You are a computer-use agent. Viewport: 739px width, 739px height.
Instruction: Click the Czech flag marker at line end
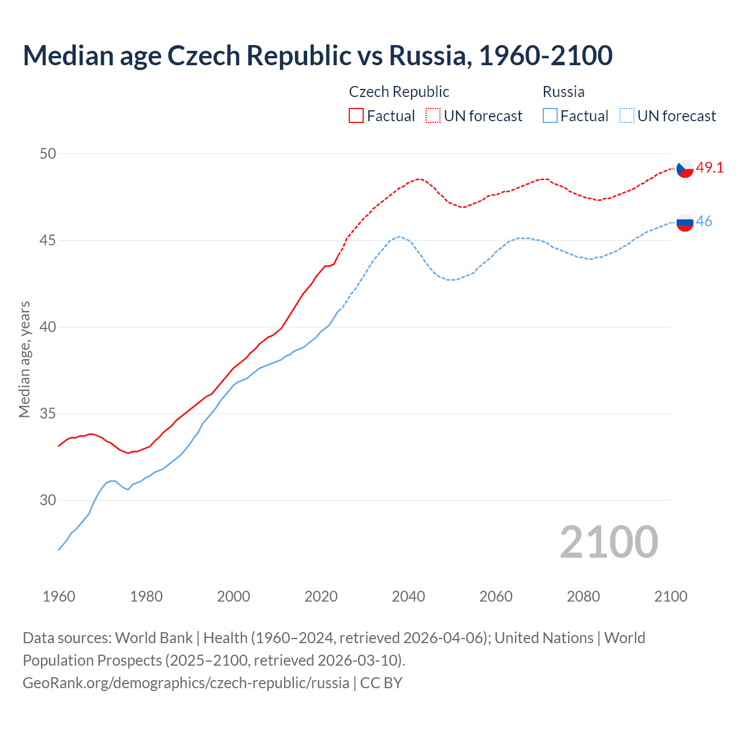point(685,169)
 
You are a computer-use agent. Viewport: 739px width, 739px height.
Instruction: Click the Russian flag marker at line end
point(685,222)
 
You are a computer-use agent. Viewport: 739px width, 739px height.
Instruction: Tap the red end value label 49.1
point(710,167)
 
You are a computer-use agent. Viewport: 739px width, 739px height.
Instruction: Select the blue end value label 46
point(704,221)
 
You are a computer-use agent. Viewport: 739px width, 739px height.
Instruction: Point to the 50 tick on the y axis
point(48,154)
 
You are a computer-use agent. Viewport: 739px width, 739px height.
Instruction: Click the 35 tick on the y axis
point(48,413)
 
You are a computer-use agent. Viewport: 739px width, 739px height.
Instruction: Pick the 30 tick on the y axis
point(48,500)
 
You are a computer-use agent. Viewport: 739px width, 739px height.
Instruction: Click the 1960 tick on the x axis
point(59,596)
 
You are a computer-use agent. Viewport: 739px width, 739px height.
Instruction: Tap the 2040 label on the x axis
point(408,596)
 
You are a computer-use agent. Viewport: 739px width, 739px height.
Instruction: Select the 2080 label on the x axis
point(583,596)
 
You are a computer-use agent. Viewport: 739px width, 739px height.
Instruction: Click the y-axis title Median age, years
point(24,359)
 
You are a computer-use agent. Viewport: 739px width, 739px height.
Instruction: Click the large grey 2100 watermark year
point(609,542)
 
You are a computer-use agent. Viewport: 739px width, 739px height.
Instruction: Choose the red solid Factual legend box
point(356,115)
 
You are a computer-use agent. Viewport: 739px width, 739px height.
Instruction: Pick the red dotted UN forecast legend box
point(433,115)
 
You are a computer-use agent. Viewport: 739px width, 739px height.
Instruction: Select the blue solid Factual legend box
point(550,115)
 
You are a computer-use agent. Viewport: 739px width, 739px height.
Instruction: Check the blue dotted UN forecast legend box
point(627,115)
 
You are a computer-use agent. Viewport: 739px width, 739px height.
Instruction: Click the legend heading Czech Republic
point(399,92)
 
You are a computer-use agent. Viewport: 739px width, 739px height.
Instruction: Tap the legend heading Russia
point(563,92)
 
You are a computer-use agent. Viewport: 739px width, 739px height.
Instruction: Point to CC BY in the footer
point(381,683)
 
